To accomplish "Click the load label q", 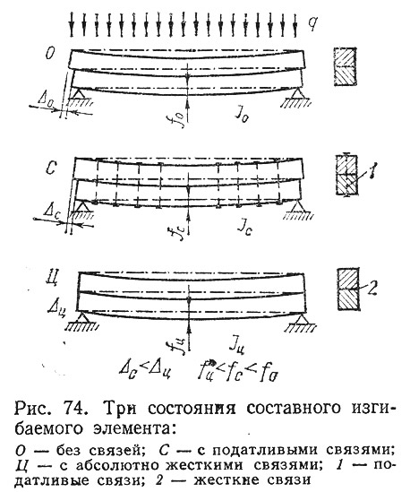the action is coord(312,23).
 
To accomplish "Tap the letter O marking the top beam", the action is coord(50,54).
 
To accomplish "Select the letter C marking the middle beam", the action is coord(51,168).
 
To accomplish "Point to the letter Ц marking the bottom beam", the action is coord(52,279).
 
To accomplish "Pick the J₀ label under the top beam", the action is coord(243,117).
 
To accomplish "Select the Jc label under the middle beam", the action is coord(244,229).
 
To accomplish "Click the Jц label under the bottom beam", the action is coord(237,346).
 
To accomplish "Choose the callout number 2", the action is coord(372,288).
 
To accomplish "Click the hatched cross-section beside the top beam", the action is coord(346,66).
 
